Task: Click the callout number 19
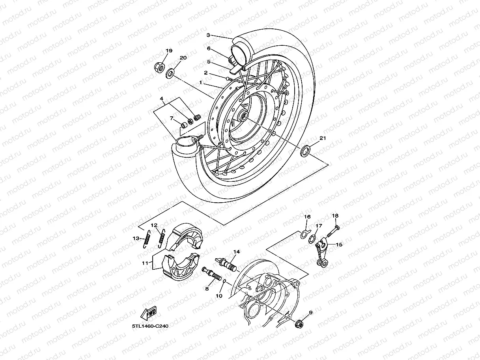click(169, 51)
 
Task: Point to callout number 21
click(323, 138)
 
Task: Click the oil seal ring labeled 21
click(305, 151)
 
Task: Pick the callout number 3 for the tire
click(209, 35)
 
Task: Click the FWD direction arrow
click(149, 313)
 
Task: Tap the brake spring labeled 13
click(146, 239)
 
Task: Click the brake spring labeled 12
click(161, 238)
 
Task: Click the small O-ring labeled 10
click(224, 281)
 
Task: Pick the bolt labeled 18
click(333, 231)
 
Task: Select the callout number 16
click(307, 217)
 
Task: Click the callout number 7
click(172, 118)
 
